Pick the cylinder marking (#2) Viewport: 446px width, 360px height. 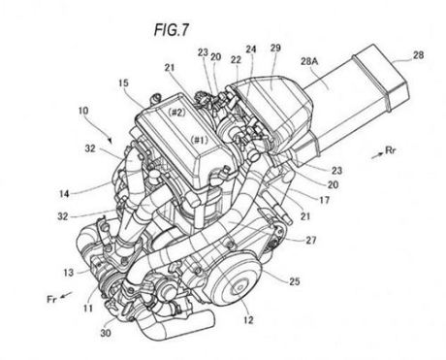click(x=176, y=112)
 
